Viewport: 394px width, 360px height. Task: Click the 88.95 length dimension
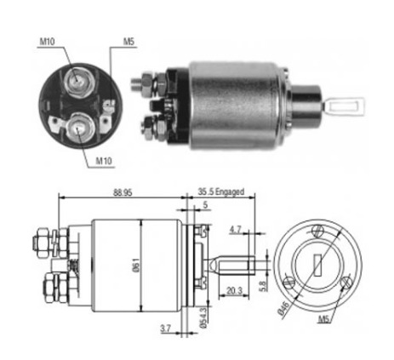click(123, 192)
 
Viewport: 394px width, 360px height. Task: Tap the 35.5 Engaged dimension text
click(221, 192)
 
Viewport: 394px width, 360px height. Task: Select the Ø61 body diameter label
click(136, 265)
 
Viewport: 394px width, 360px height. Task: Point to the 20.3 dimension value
click(235, 290)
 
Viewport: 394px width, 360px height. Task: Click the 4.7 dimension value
click(235, 230)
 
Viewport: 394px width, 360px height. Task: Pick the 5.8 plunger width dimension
click(263, 286)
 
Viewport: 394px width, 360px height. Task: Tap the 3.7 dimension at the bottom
click(165, 329)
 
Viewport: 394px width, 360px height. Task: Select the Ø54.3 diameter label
click(203, 318)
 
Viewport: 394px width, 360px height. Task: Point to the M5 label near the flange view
click(323, 320)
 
